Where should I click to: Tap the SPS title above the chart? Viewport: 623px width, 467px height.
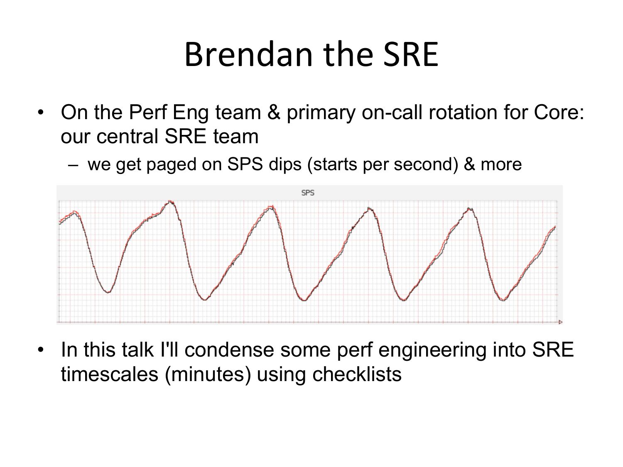tap(308, 193)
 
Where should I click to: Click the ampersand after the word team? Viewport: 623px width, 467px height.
tap(274, 112)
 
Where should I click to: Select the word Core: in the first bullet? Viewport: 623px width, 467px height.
tap(559, 112)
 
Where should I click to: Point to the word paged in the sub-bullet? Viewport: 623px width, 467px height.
tap(172, 165)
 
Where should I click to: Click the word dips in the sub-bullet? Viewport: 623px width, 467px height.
tap(285, 164)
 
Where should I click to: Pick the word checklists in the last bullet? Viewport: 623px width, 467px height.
tap(357, 374)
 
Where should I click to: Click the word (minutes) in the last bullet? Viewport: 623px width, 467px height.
tap(208, 375)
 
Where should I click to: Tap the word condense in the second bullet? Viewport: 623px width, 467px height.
tap(229, 350)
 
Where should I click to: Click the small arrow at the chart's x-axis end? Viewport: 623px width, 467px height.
tap(560, 322)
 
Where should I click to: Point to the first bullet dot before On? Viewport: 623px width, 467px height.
tap(41, 112)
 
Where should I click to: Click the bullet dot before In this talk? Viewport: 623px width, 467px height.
tap(41, 350)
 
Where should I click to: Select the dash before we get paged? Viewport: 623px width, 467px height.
tap(73, 165)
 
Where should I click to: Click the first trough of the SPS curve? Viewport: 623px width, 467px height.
tap(108, 292)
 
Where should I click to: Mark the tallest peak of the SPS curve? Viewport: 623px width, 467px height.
tap(170, 202)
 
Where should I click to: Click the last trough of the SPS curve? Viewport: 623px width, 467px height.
tap(503, 300)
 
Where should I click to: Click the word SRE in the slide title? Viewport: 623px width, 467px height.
tap(411, 54)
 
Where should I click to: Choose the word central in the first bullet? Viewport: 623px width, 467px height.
tap(127, 137)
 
